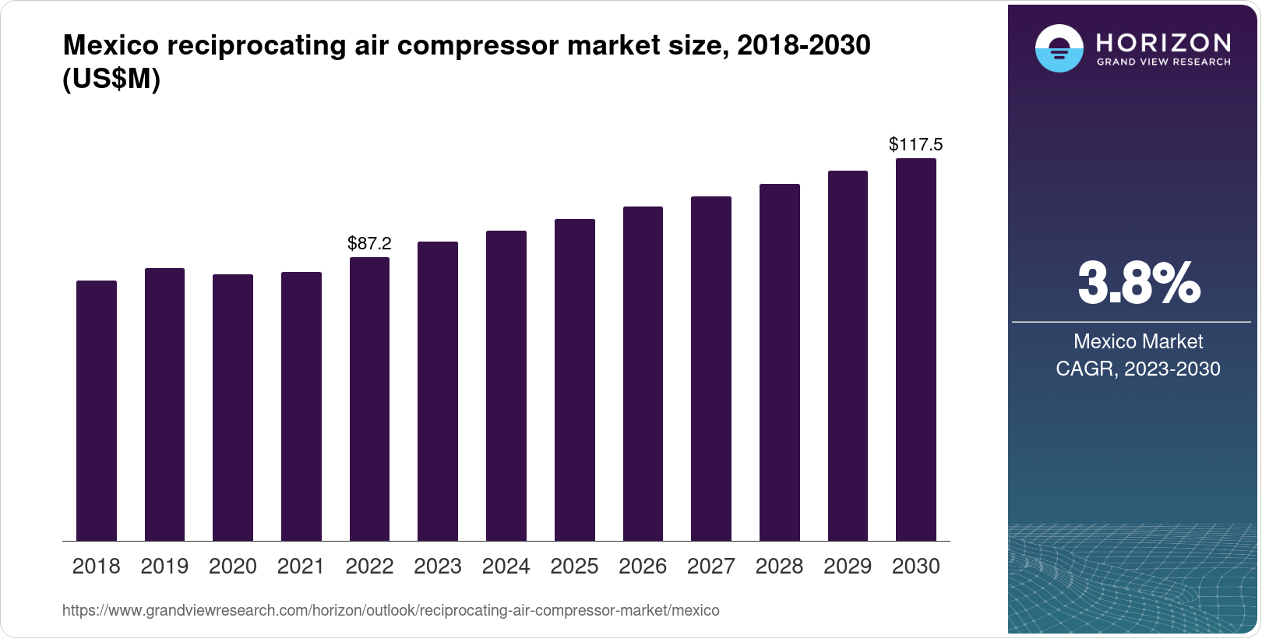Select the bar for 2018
click(97, 411)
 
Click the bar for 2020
click(233, 408)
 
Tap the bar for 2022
click(369, 399)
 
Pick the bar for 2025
click(574, 380)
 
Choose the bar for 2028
click(779, 362)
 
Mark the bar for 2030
click(916, 350)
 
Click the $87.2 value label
click(369, 243)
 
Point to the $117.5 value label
click(916, 144)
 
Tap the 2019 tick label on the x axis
click(164, 567)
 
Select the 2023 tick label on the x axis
click(438, 567)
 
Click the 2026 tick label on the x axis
click(643, 567)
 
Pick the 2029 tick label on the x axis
click(848, 567)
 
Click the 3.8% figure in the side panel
click(1138, 284)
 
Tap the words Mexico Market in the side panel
click(1138, 341)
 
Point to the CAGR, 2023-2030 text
click(1138, 369)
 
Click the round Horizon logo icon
click(1059, 48)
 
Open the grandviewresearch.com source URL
click(390, 611)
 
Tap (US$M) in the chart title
click(111, 79)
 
